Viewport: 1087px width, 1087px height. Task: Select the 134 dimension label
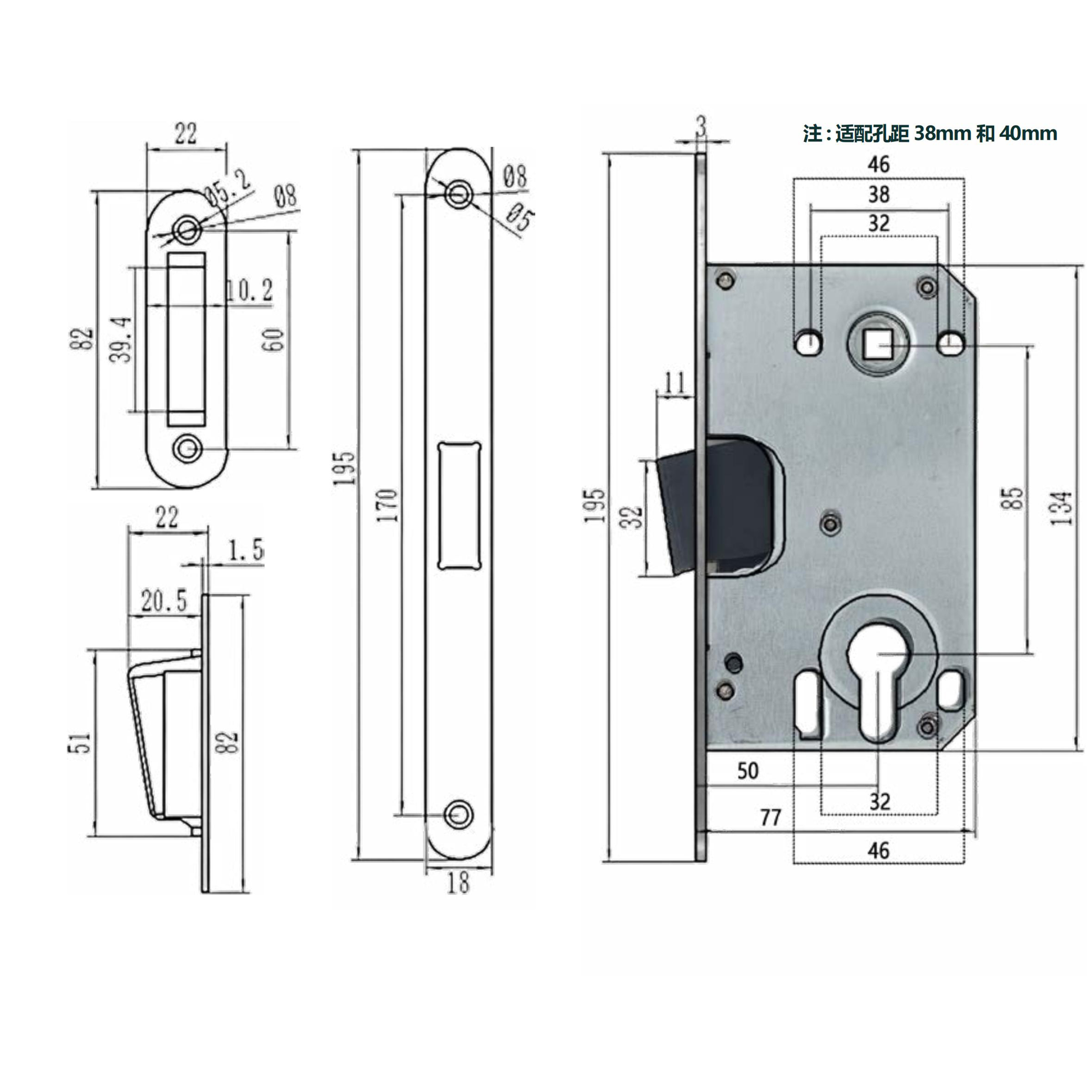pos(1060,508)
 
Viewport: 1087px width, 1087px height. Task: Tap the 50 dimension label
pos(748,771)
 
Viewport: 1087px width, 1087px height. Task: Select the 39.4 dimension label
pos(121,339)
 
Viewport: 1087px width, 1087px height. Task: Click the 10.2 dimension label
pos(249,290)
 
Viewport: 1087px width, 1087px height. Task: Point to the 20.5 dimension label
pos(164,601)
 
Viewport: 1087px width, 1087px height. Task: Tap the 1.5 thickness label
pos(246,550)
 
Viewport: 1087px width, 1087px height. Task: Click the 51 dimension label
pos(81,743)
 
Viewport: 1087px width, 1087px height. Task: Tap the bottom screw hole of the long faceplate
pos(459,814)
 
